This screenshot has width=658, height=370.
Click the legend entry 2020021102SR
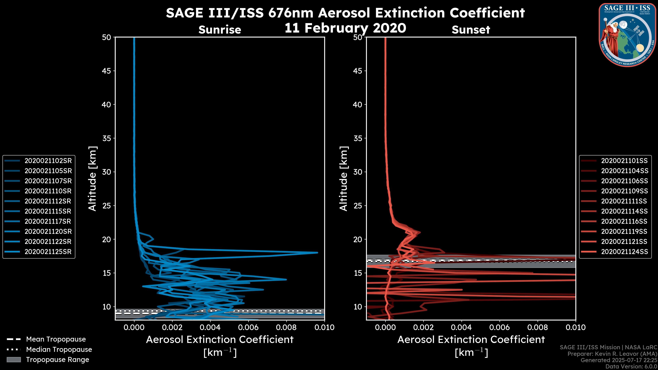[48, 161]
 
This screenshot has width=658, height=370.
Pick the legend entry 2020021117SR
[48, 221]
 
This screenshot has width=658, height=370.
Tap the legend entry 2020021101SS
[624, 161]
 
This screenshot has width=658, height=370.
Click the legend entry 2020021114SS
[624, 211]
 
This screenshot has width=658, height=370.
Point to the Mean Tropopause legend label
[56, 339]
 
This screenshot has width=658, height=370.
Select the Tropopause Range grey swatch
[14, 360]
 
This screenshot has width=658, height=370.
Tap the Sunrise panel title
[220, 30]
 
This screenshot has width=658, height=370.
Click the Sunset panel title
[471, 30]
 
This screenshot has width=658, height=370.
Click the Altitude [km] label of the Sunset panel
[344, 179]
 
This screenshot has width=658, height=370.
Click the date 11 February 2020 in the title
[345, 28]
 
